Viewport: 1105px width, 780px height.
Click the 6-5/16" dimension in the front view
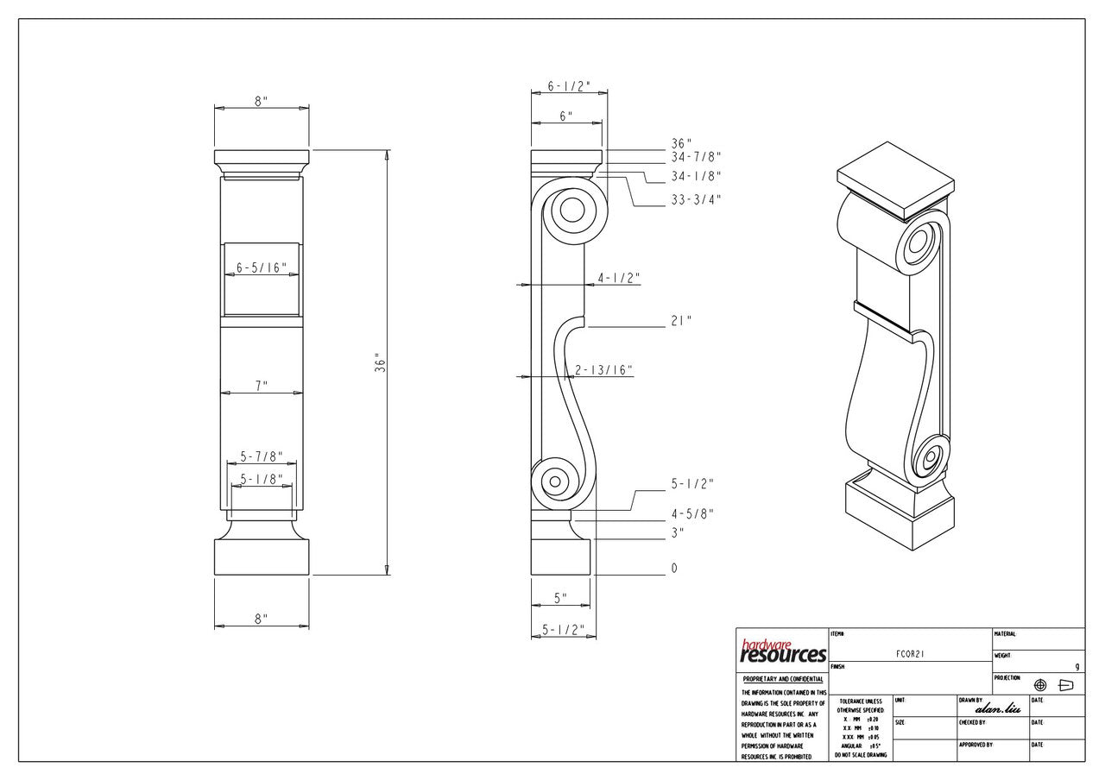[262, 268]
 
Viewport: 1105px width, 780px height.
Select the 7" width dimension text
[262, 387]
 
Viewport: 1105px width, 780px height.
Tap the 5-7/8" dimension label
[262, 456]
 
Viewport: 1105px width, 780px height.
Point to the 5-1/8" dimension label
[262, 479]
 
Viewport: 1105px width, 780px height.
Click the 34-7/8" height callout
[696, 157]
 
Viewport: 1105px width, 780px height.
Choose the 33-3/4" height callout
[696, 199]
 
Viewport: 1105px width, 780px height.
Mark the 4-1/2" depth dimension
[618, 278]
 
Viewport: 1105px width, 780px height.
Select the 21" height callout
[682, 321]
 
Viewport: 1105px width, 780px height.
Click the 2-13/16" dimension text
[604, 370]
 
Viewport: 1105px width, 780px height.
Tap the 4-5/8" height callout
[692, 513]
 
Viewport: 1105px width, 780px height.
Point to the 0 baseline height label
[674, 569]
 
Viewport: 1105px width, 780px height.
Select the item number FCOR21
[911, 656]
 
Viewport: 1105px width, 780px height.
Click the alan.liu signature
[997, 708]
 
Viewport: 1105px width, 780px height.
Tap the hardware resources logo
[783, 651]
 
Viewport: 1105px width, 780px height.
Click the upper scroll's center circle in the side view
[571, 209]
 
